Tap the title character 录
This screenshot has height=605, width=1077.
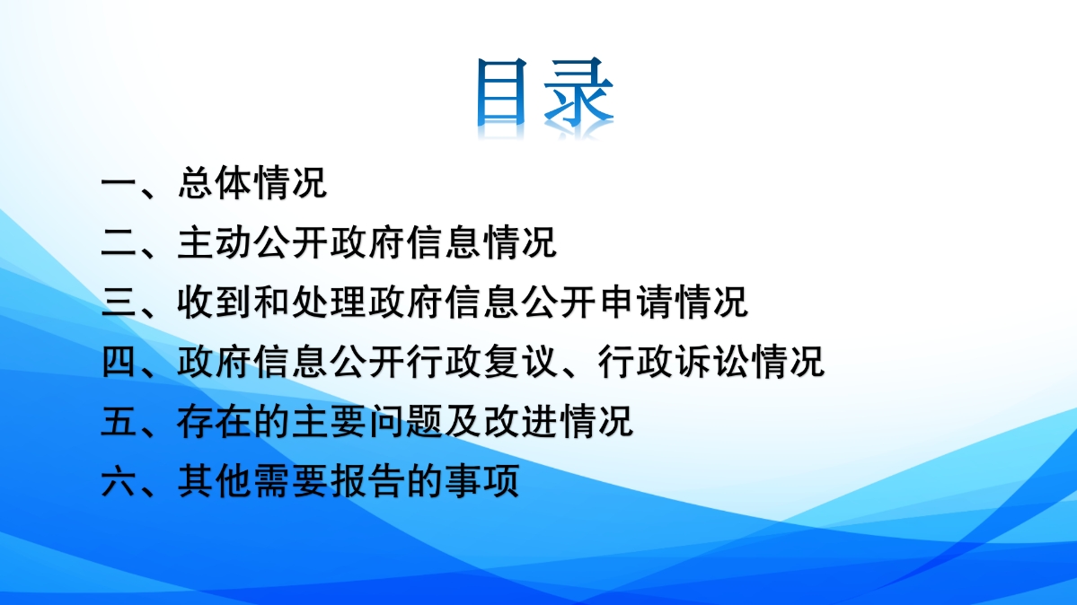578,92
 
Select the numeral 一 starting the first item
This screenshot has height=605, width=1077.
119,183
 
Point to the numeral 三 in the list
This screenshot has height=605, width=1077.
119,302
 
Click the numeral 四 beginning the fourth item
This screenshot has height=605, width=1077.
119,362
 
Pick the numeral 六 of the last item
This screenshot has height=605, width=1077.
119,481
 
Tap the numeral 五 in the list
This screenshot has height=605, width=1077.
119,421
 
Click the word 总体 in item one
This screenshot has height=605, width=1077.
215,183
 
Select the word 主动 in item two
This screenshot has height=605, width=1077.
215,242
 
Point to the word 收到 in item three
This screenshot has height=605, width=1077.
215,302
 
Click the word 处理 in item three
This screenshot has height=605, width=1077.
330,302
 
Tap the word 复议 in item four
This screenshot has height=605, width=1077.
521,362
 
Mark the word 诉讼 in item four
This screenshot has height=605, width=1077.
712,362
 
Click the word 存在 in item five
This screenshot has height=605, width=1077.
215,421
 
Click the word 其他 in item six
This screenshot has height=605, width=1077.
215,481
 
